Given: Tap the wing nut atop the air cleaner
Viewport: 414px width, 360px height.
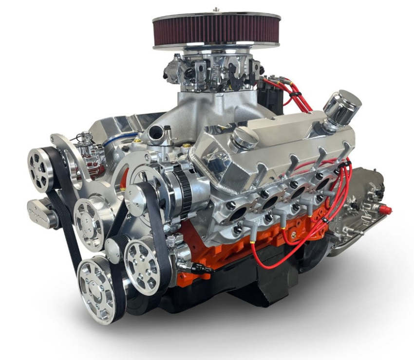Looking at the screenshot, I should pyautogui.click(x=216, y=9).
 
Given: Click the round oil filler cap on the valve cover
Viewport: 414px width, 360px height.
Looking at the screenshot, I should pyautogui.click(x=245, y=138).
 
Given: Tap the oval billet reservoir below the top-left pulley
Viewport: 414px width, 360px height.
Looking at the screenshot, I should pyautogui.click(x=44, y=213).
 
